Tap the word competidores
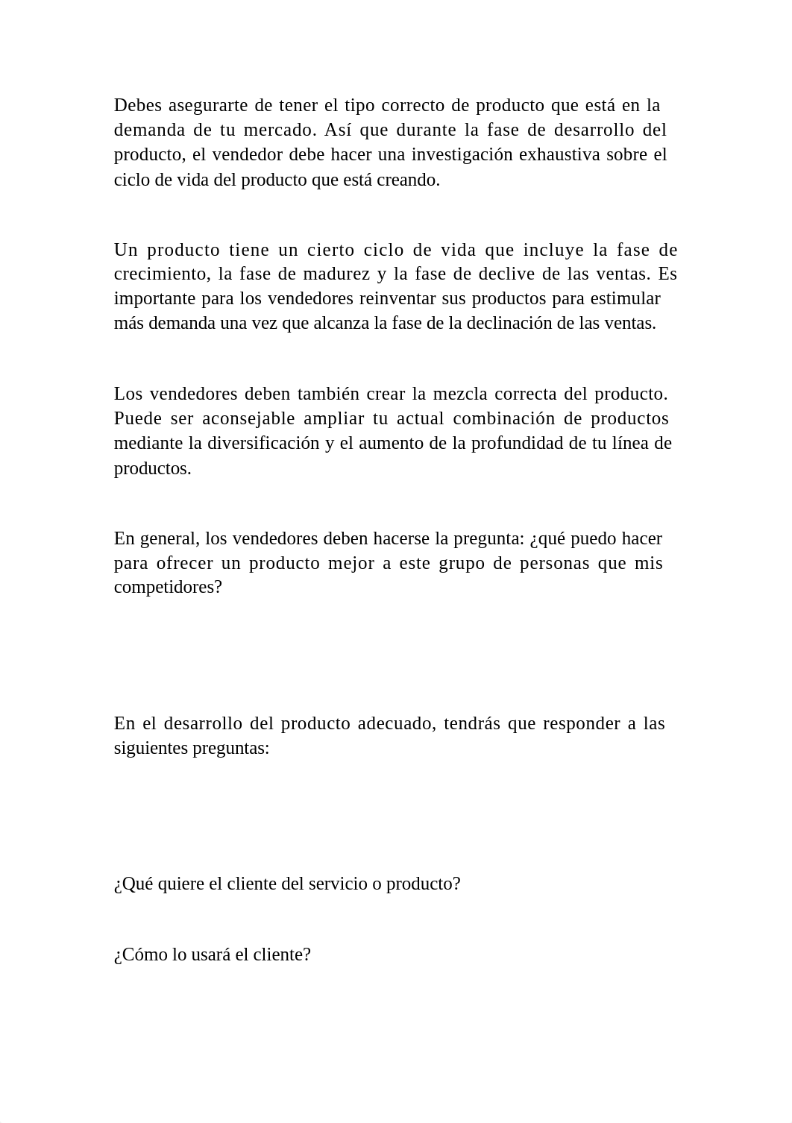[x=168, y=587]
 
